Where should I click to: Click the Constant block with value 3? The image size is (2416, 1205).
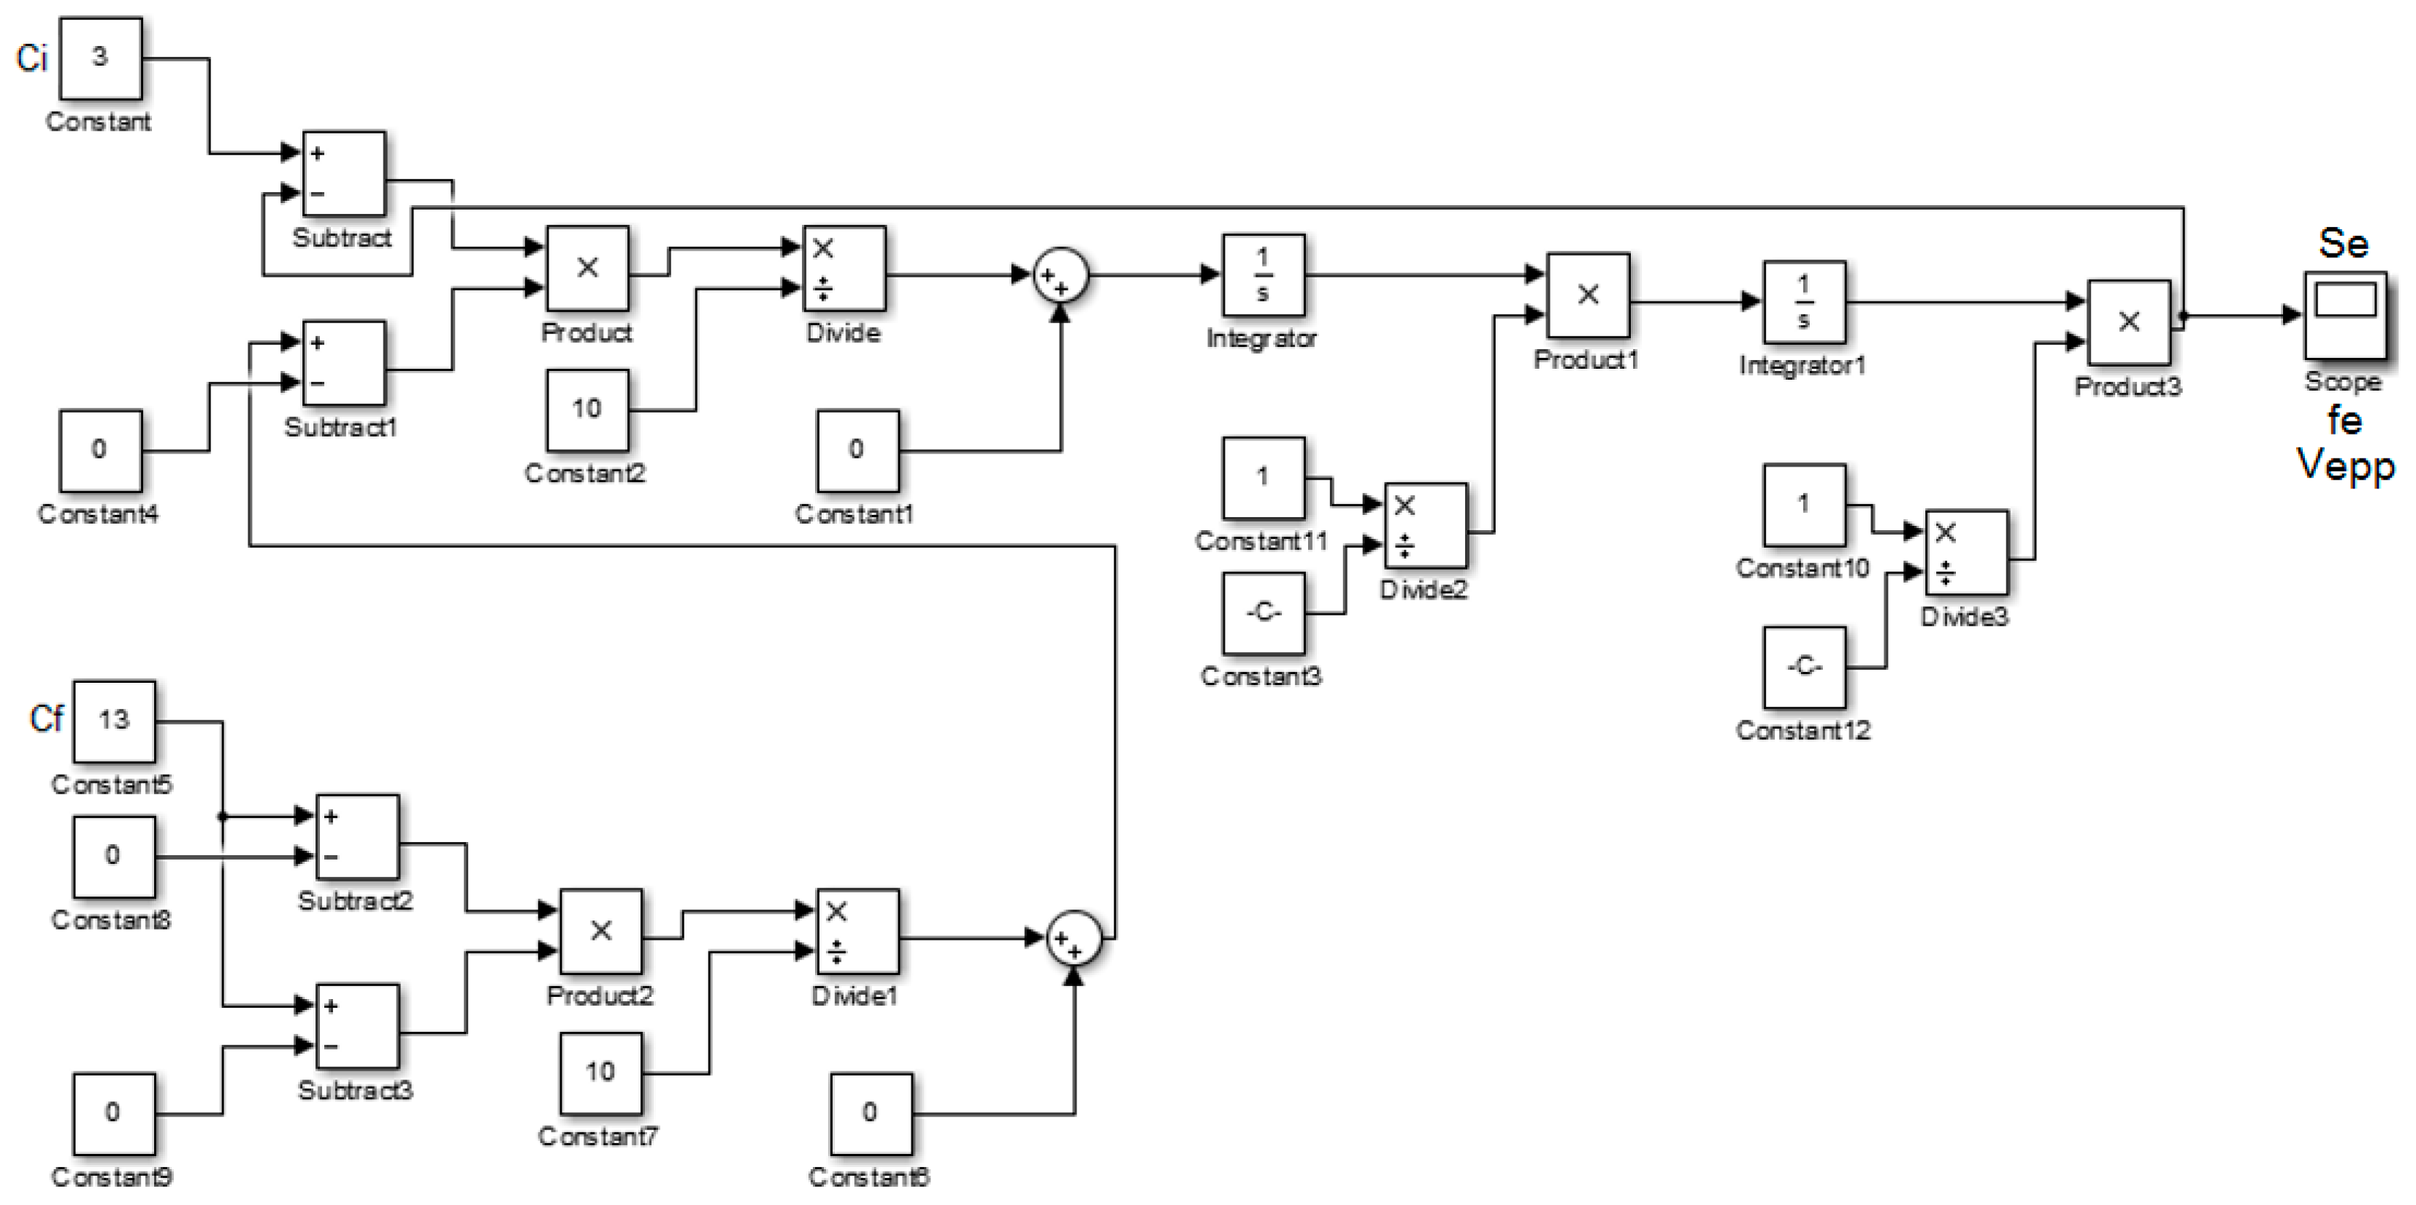100,58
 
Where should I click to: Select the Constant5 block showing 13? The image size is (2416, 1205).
115,721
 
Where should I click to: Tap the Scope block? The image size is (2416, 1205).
2344,316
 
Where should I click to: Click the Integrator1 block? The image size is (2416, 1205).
1803,302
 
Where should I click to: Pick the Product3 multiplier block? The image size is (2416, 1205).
2128,321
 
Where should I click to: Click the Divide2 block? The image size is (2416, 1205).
1426,525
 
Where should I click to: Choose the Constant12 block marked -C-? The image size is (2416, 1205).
1803,667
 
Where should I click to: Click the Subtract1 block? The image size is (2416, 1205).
343,363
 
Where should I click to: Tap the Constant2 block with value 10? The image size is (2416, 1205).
587,410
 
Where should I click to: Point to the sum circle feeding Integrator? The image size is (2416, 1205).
1060,276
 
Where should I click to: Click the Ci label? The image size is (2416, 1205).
32,58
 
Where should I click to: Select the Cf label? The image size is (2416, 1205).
46,719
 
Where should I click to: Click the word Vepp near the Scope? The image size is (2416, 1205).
2344,464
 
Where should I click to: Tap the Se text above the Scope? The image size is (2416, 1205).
2343,244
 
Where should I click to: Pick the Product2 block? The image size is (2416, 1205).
601,931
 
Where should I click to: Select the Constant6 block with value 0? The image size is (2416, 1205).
871,1113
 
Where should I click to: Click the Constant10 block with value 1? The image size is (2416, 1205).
1803,505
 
